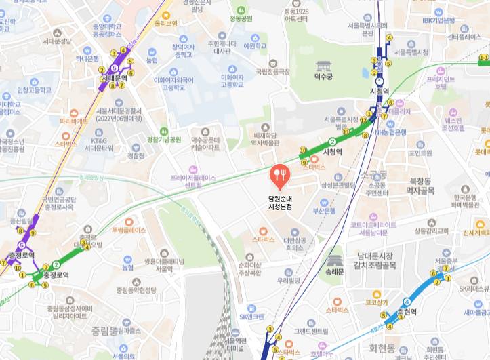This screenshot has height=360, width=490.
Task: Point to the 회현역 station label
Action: [407, 312]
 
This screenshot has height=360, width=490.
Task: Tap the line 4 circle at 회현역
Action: [407, 302]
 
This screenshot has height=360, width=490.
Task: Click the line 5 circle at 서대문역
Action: [115, 68]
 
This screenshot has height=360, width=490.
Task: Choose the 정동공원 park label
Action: [241, 18]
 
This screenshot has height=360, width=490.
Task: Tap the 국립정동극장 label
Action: [272, 71]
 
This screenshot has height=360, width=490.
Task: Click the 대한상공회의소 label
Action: [297, 243]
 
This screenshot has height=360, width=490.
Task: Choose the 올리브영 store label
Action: [165, 22]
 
